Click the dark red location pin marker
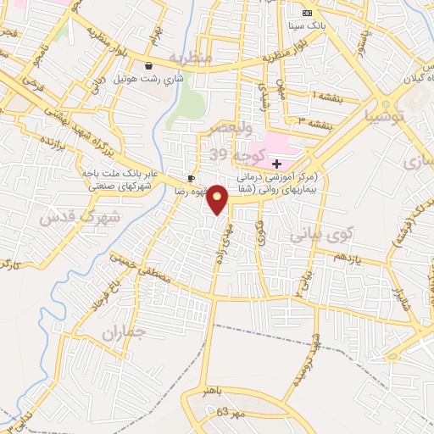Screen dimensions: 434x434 coord(218,199)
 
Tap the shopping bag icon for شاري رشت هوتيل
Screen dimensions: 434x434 coord(149,65)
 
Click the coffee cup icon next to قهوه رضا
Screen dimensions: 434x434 coord(192,178)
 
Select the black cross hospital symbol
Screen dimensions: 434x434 coord(276,163)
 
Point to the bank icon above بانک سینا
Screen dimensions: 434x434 coord(306,13)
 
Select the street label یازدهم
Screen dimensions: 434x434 coord(347,257)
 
